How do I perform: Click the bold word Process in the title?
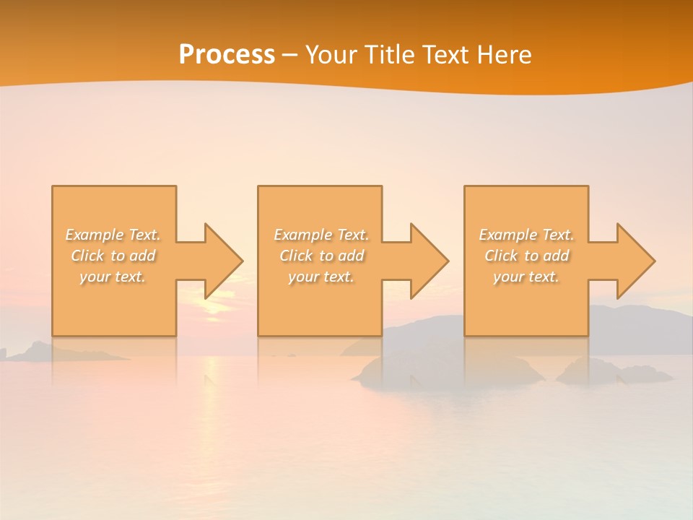(x=227, y=54)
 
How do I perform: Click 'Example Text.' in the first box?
(x=113, y=235)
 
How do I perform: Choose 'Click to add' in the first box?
(x=113, y=256)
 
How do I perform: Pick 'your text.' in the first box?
(x=113, y=277)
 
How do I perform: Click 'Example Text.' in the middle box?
(x=321, y=235)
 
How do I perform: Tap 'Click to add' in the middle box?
(x=321, y=256)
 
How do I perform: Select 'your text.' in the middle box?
(x=321, y=277)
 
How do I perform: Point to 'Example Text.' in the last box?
(x=526, y=235)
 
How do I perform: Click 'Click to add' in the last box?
(x=526, y=256)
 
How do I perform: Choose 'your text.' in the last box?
(x=526, y=277)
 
